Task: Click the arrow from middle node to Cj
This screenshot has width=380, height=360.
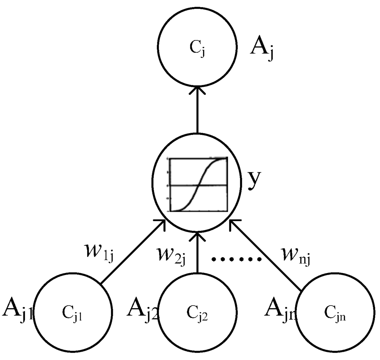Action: [197, 111]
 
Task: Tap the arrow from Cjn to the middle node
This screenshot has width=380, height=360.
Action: [265, 254]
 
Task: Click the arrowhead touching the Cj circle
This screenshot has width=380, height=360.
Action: [197, 90]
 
